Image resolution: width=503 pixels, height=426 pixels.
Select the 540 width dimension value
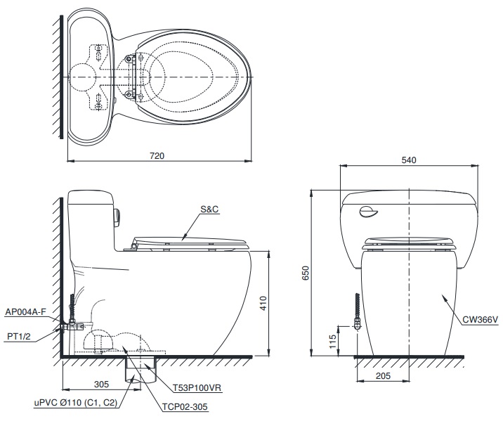click(x=409, y=160)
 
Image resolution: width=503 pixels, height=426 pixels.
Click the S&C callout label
click(x=210, y=209)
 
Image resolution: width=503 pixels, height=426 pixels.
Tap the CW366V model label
click(x=479, y=321)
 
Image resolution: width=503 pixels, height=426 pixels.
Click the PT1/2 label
click(x=18, y=337)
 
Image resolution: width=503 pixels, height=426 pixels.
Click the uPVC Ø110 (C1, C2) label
click(x=76, y=403)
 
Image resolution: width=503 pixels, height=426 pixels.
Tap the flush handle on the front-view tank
click(x=367, y=212)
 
